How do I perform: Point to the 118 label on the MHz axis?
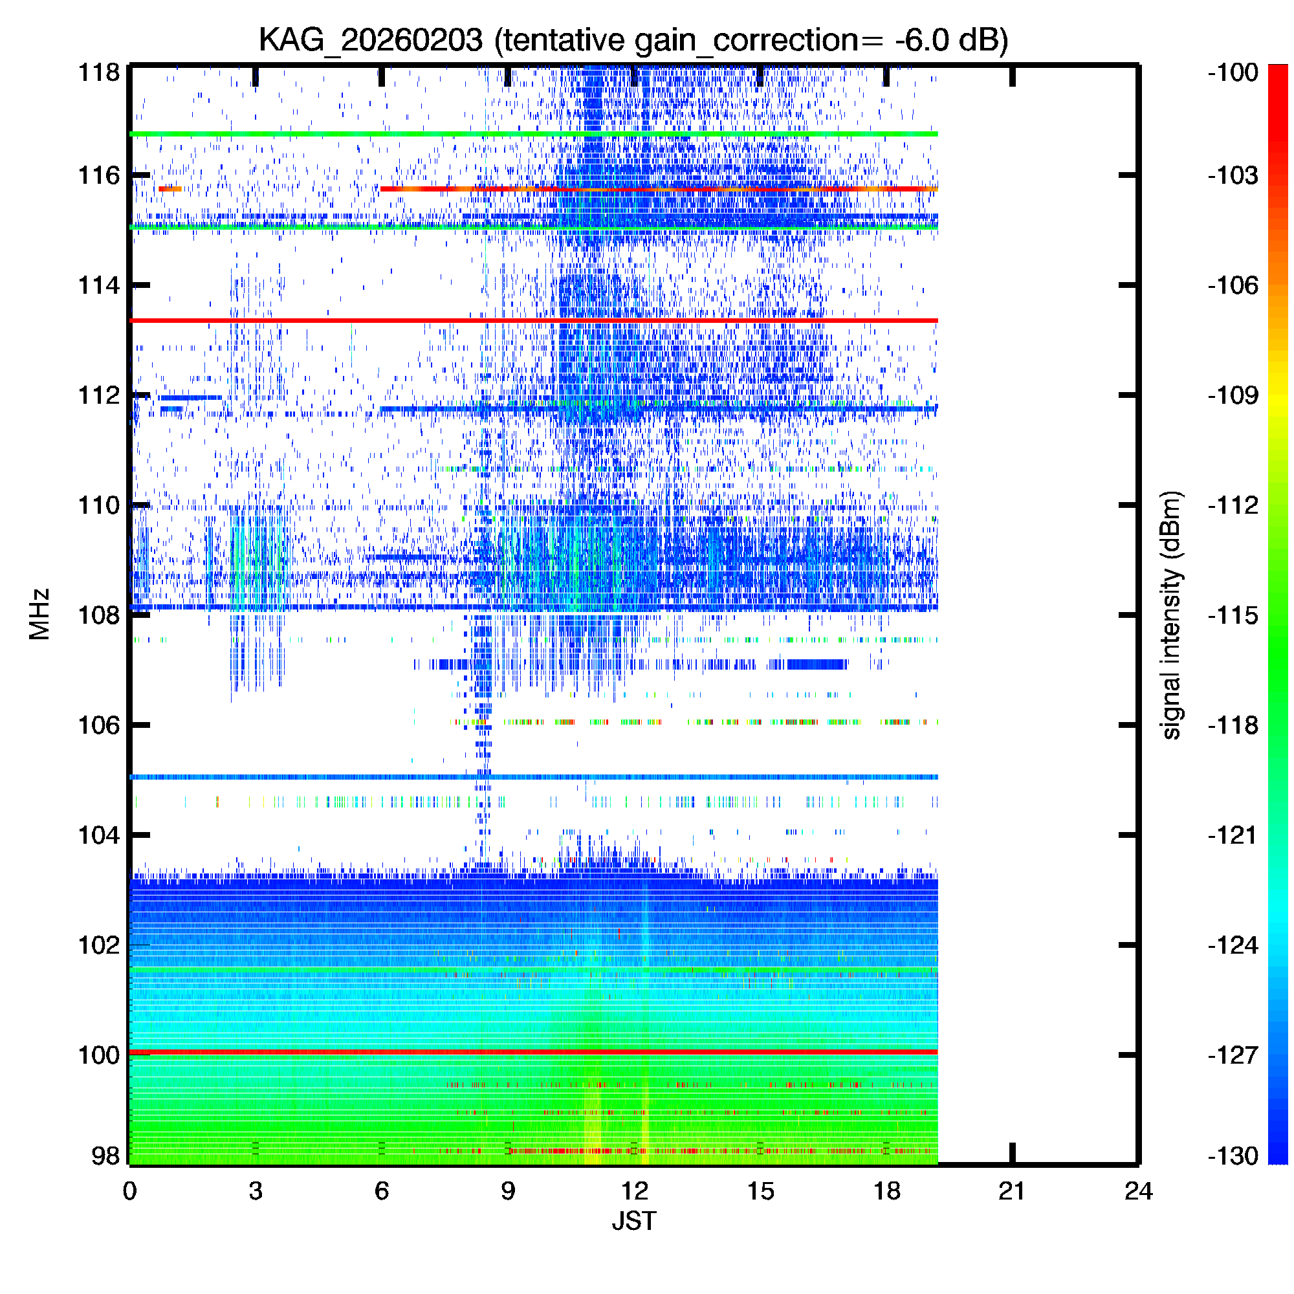point(99,72)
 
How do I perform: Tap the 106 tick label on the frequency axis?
point(99,725)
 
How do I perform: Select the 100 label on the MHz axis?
point(99,1055)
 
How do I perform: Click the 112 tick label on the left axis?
point(99,395)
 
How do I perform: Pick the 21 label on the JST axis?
point(1012,1191)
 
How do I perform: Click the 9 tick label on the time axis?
point(508,1191)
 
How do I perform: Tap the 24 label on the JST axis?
point(1139,1191)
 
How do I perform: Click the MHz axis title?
point(39,614)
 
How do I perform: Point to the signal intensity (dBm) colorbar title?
point(1172,615)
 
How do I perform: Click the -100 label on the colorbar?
point(1233,72)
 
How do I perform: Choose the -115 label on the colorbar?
point(1233,615)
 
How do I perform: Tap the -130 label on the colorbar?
point(1233,1156)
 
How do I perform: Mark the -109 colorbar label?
point(1233,395)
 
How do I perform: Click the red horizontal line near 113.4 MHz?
point(534,321)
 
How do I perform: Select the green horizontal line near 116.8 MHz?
point(534,134)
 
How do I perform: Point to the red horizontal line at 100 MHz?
point(534,1052)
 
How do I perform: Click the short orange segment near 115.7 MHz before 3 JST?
point(170,189)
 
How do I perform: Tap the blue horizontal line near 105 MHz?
point(534,777)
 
